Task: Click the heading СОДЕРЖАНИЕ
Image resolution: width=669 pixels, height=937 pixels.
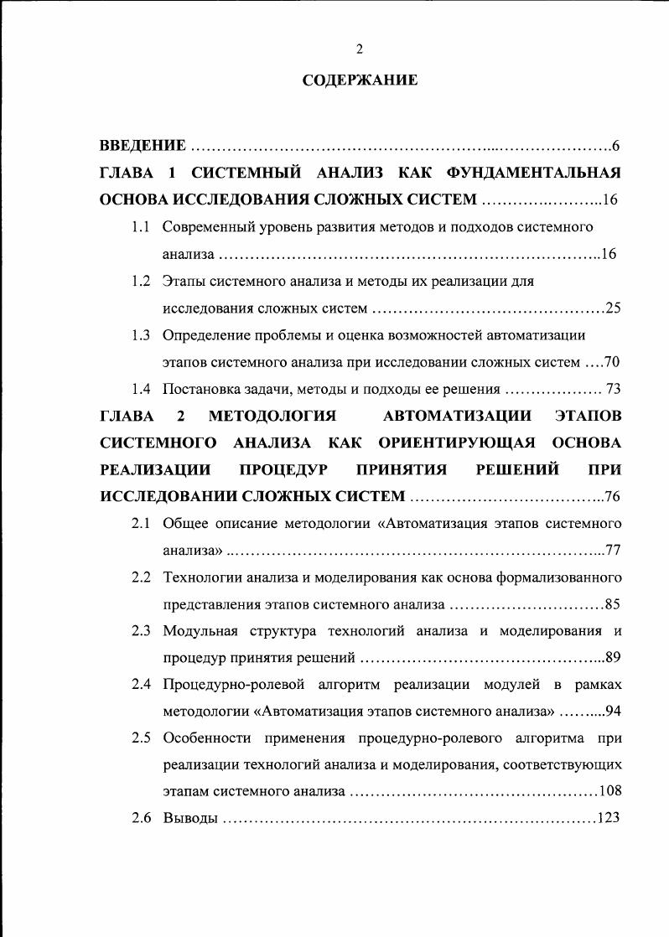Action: click(359, 81)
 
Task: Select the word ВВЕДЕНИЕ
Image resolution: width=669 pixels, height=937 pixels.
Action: click(143, 147)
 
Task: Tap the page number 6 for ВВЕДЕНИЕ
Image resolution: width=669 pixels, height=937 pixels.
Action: click(615, 147)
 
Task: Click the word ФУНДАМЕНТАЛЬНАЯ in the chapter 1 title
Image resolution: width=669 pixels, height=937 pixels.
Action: click(532, 173)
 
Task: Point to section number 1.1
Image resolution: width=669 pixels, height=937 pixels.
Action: click(141, 227)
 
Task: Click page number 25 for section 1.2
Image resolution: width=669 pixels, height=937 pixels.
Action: click(612, 308)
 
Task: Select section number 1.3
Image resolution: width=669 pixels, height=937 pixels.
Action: click(141, 335)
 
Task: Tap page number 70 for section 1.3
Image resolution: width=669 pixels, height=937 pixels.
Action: click(611, 362)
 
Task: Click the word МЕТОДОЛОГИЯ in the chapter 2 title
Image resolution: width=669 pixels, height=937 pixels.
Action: click(272, 416)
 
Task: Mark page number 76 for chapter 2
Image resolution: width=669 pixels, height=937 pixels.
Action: click(611, 497)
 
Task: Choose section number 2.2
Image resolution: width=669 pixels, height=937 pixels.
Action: click(141, 577)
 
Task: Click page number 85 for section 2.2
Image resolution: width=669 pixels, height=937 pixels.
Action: click(612, 604)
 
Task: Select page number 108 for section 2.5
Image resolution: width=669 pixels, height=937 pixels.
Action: click(609, 791)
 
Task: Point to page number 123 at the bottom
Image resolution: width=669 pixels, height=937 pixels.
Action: click(608, 818)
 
